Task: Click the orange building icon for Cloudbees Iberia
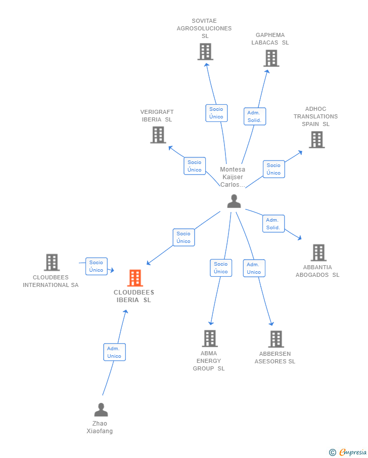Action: (135, 278)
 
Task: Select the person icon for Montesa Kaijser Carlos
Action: (234, 201)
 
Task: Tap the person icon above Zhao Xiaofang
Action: (101, 409)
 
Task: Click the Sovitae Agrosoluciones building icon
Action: (205, 52)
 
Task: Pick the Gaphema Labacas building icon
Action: (271, 58)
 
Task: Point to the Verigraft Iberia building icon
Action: (158, 135)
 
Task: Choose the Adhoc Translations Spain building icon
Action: (316, 140)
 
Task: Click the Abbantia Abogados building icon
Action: (318, 253)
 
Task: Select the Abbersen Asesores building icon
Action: (276, 339)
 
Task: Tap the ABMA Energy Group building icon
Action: (210, 339)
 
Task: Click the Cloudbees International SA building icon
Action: (52, 262)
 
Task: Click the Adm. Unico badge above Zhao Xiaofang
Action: (114, 352)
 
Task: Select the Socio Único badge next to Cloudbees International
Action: (96, 266)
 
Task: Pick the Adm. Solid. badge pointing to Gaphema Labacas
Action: (254, 116)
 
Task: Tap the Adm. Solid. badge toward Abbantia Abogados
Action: (273, 224)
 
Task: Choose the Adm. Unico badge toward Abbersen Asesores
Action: (254, 268)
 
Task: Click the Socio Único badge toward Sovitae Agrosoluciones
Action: (216, 113)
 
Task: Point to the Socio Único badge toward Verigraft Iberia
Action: (195, 166)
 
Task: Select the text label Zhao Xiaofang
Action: (100, 427)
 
